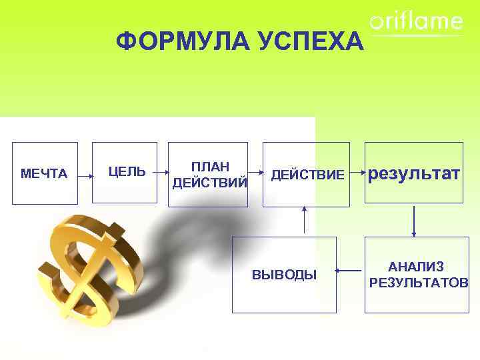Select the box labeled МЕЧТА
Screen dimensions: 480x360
point(45,173)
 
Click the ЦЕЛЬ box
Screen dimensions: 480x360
point(125,172)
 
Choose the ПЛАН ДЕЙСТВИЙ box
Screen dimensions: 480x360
point(207,174)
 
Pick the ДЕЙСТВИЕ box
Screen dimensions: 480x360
point(307,174)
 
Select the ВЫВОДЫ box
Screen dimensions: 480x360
point(284,274)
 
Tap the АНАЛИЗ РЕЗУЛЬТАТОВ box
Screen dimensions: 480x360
point(417,274)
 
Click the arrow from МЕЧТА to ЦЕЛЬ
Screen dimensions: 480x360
point(85,177)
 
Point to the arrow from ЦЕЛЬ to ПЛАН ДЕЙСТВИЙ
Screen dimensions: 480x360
point(163,172)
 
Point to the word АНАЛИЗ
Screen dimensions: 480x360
point(417,267)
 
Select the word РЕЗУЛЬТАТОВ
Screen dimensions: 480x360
point(419,283)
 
